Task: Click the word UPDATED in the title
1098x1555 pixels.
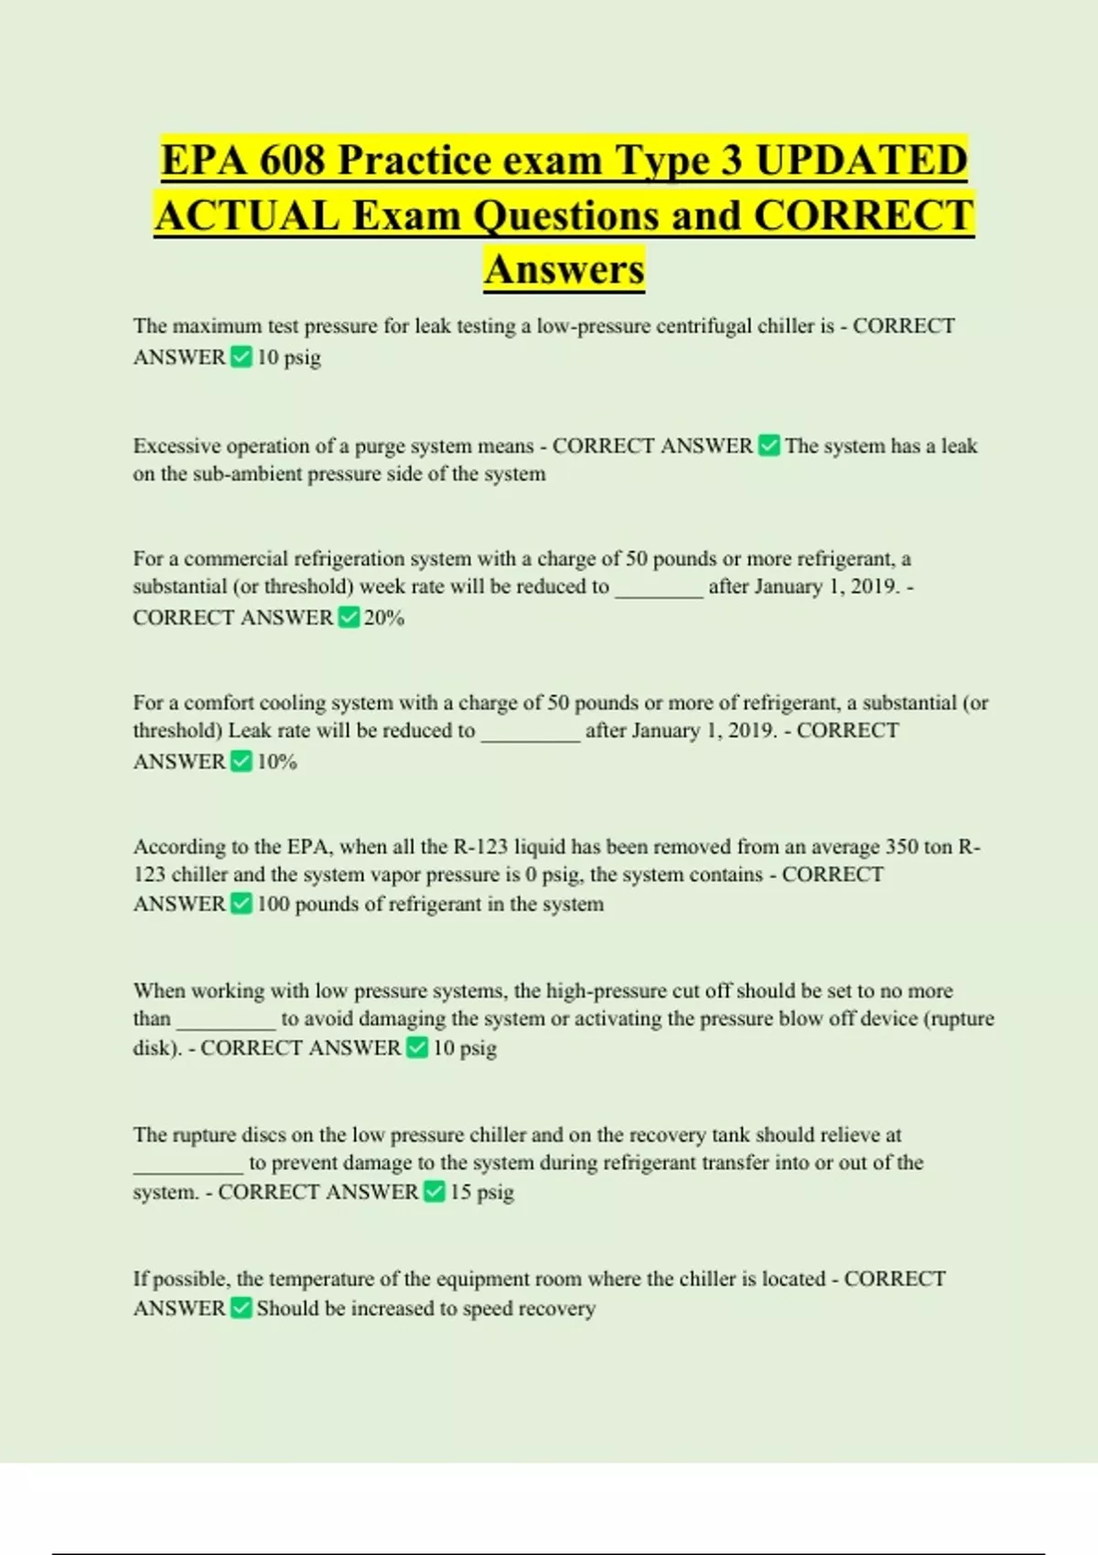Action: (861, 160)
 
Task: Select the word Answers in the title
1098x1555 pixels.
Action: (565, 269)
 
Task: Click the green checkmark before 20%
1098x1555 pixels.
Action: (349, 617)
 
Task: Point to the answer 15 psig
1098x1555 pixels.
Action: (482, 1192)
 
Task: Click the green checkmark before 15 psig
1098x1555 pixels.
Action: (435, 1191)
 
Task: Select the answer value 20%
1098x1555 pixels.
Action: (384, 617)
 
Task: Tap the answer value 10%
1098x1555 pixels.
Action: (277, 761)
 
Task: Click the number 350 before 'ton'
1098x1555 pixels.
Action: (901, 846)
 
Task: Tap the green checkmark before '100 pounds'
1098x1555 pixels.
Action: (242, 904)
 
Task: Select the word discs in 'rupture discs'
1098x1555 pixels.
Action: (264, 1135)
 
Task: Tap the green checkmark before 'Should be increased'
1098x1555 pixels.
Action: (242, 1308)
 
